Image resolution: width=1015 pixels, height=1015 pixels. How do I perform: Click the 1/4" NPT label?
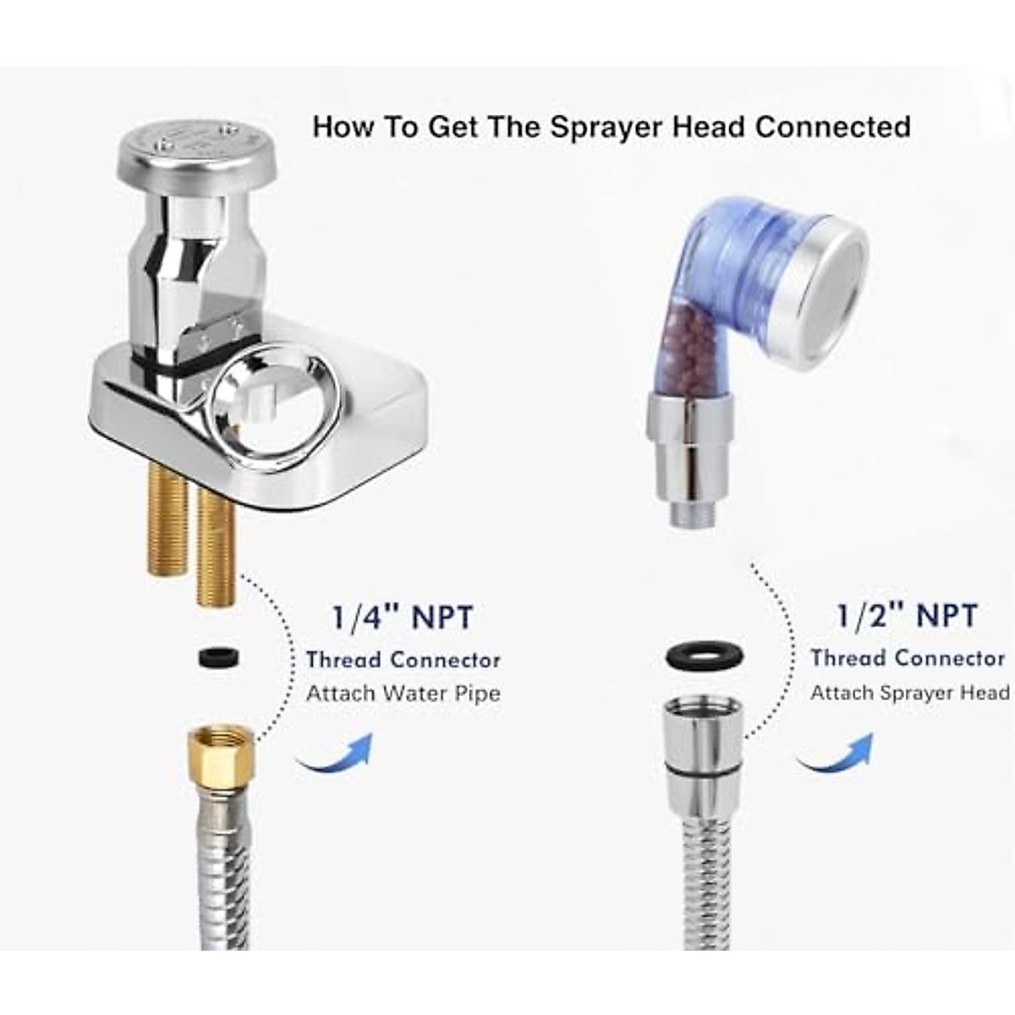coord(402,617)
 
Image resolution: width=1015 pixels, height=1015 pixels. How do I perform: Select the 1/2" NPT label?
coord(907,616)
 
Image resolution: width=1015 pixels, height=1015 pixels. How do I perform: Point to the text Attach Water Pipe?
coord(403,694)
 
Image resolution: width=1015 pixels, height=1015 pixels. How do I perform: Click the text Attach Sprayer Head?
coord(909,693)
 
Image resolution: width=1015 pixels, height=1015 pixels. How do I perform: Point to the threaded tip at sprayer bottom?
coord(693,513)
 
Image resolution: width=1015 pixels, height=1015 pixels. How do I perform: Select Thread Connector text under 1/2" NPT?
coord(907,658)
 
